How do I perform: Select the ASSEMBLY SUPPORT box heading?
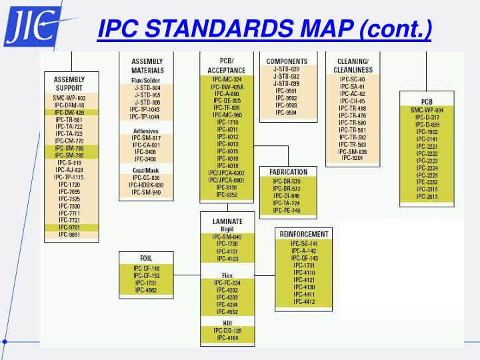click(x=69, y=83)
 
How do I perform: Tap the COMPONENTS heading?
click(x=286, y=61)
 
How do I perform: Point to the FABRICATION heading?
click(x=289, y=172)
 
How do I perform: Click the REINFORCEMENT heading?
click(x=304, y=234)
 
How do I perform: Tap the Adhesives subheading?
click(x=146, y=131)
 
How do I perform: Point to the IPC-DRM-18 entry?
click(x=69, y=105)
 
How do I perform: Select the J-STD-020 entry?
click(x=286, y=69)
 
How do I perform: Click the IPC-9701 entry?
click(x=69, y=227)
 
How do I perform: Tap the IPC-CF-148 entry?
click(x=147, y=268)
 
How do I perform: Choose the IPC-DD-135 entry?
click(x=227, y=331)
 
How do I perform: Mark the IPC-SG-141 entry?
click(x=304, y=244)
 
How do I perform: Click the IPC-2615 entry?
click(x=427, y=197)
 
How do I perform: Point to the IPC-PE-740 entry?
click(x=287, y=211)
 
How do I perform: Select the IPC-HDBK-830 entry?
click(x=147, y=185)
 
